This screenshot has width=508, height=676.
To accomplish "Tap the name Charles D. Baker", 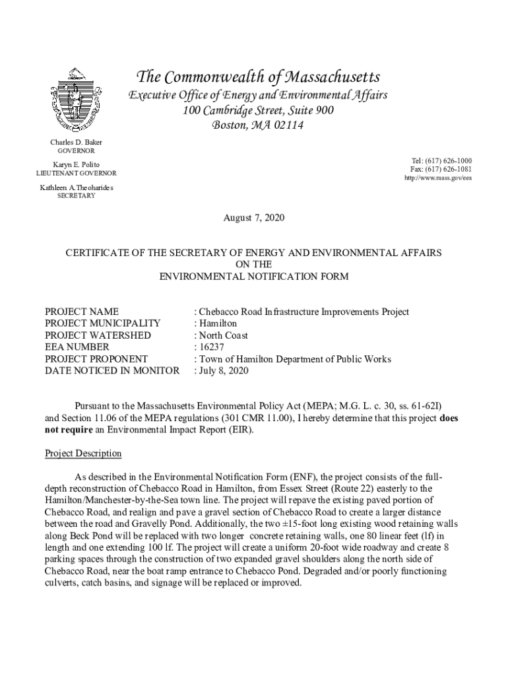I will pos(76,143).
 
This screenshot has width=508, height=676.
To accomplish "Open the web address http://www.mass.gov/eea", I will pos(438,178).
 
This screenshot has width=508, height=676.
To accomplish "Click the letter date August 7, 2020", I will pos(254,218).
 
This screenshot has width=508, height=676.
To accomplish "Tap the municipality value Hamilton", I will pos(218,323).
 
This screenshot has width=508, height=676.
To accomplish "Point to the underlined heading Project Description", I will pos(82,454).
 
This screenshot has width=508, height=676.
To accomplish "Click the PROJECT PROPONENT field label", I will pos(96,359).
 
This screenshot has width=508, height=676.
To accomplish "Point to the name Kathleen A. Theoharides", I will pos(76,188).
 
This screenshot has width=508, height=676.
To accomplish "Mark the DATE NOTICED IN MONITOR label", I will pos(111,371).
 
